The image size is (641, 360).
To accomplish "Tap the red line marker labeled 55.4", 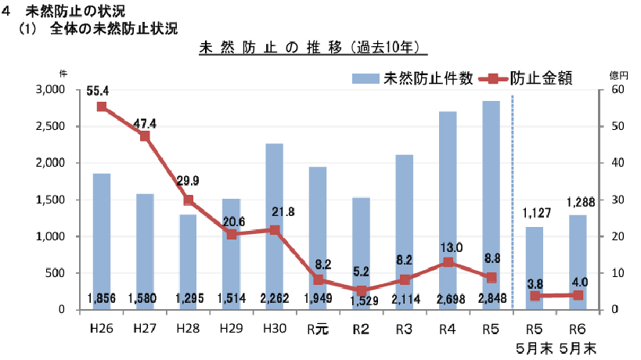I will (x=102, y=106).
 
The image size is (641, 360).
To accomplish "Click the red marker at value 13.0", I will (x=448, y=262).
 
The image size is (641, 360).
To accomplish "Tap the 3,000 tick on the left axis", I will (x=51, y=90).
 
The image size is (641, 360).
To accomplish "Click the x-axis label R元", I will (x=317, y=329).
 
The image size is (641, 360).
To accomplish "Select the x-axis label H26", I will (x=101, y=329).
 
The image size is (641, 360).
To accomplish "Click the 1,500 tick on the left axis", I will (x=51, y=200).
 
